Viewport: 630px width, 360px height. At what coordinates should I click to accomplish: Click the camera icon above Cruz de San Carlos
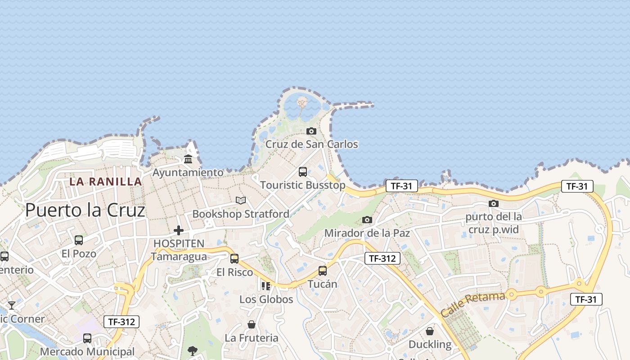click(311, 131)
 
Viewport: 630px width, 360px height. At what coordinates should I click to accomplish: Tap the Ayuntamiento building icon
click(188, 159)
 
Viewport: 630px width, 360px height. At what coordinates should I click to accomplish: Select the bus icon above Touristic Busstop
click(303, 172)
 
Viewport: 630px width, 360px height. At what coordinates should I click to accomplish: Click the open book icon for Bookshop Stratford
click(241, 200)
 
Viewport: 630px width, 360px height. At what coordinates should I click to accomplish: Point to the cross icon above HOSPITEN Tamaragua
click(179, 230)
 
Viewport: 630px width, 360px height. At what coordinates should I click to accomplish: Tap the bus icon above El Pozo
click(79, 240)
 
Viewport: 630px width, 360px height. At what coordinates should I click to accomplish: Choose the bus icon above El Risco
click(234, 259)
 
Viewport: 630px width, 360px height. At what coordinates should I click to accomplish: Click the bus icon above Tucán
click(323, 271)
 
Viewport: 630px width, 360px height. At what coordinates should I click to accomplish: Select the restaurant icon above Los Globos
click(266, 286)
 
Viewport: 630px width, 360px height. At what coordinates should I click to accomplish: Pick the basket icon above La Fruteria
click(252, 324)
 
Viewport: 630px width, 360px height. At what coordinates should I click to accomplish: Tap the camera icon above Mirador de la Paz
click(367, 220)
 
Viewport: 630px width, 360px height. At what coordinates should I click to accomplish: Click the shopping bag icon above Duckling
click(430, 331)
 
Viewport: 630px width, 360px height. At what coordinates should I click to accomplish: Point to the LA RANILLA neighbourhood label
click(106, 182)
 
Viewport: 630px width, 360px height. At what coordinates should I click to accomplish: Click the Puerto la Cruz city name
click(85, 210)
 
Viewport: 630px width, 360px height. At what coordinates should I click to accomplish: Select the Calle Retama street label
click(473, 305)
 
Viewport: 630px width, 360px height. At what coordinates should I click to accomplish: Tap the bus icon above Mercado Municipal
click(87, 338)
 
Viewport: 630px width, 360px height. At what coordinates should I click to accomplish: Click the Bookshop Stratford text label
click(241, 214)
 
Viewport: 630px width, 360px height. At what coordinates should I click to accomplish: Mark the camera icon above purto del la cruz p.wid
click(494, 203)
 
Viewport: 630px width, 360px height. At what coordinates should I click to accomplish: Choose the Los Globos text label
click(266, 299)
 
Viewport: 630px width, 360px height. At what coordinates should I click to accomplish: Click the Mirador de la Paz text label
click(367, 233)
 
